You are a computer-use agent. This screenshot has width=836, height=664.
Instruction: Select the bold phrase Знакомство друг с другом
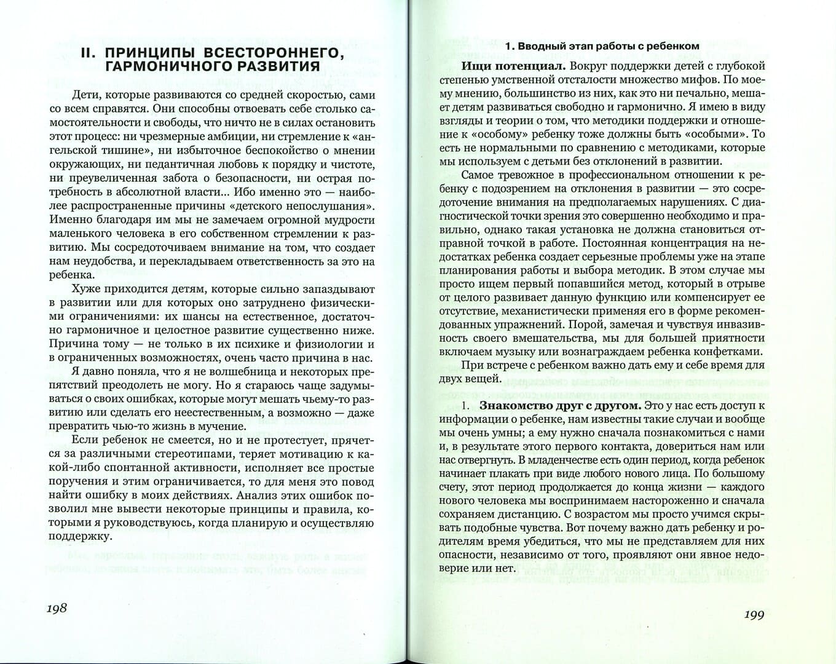tap(560, 406)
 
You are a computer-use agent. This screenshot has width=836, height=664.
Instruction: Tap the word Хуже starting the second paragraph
tap(87, 289)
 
